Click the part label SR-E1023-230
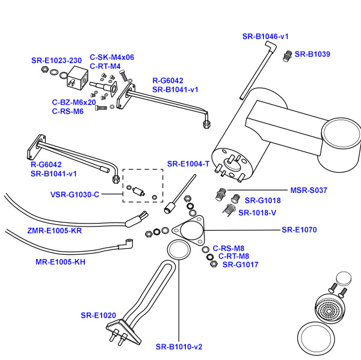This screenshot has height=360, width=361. pyautogui.click(x=57, y=61)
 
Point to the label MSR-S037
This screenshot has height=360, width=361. pyautogui.click(x=309, y=191)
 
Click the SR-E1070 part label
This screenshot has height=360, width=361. pyautogui.click(x=299, y=230)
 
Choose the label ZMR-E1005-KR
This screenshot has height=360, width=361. pyautogui.click(x=54, y=230)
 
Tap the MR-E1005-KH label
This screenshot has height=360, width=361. pyautogui.click(x=60, y=262)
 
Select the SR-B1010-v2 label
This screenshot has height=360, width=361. pyautogui.click(x=179, y=347)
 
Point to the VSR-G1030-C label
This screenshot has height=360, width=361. pyautogui.click(x=75, y=195)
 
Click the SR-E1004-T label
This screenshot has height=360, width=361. pyautogui.click(x=188, y=163)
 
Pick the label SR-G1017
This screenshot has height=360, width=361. pyautogui.click(x=240, y=264)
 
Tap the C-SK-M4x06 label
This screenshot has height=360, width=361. pyautogui.click(x=112, y=58)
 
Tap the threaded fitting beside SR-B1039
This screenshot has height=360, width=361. pyautogui.click(x=288, y=56)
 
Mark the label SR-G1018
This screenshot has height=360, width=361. pyautogui.click(x=262, y=200)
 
